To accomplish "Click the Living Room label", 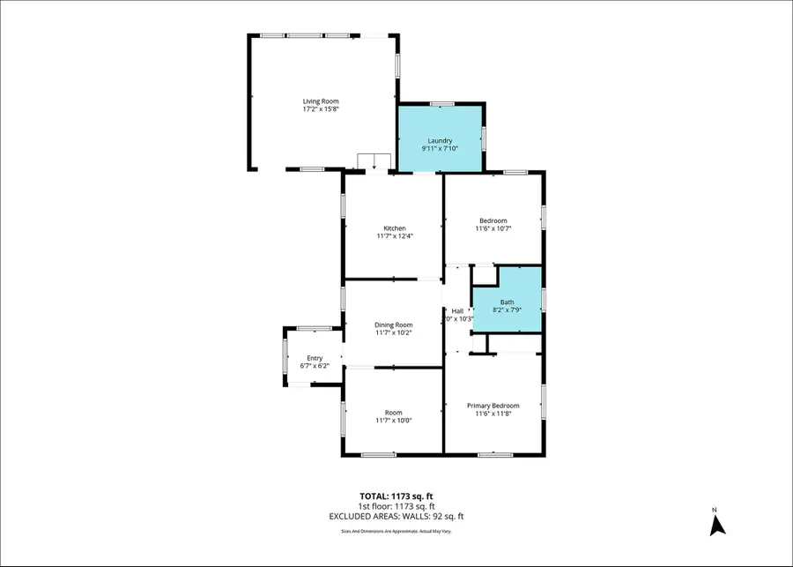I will point(321,101).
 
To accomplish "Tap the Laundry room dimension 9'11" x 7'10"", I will point(440,149).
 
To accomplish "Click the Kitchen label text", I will point(394,228).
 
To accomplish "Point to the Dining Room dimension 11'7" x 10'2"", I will point(393,332).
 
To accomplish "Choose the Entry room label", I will point(315,357).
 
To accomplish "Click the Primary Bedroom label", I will point(493,406).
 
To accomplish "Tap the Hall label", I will point(457,310).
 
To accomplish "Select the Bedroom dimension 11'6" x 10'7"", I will point(493,228).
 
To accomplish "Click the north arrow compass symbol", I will point(717,523).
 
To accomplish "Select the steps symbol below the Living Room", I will point(374,162).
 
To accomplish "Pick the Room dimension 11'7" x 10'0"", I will point(393,421).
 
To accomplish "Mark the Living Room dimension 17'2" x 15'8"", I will point(321,109).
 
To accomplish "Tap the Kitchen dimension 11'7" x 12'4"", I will point(394,236).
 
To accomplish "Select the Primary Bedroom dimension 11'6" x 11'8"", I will point(493,414).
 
